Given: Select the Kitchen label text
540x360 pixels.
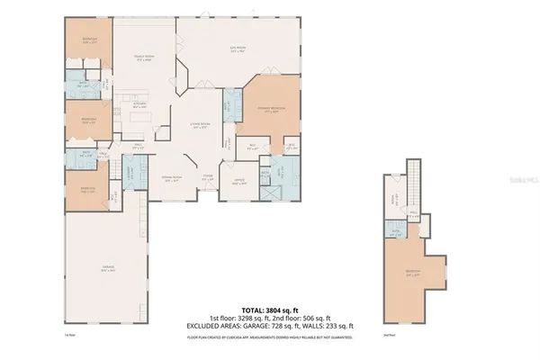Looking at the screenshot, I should coord(139,104).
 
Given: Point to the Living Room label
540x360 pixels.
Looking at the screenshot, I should coord(200,126).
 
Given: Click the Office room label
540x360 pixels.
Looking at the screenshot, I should coord(238,181).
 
